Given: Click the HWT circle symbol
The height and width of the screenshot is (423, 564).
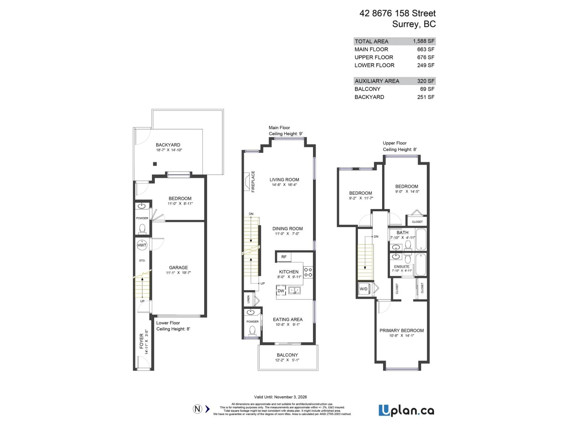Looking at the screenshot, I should coord(142,245).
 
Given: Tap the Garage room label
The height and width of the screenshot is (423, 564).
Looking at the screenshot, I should coord(178,267).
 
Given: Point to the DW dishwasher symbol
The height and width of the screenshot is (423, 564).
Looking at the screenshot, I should coord(281,291).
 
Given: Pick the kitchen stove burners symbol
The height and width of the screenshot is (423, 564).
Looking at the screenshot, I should coord(308,272).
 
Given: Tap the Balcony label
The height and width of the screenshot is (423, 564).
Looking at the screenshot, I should coord(287,355).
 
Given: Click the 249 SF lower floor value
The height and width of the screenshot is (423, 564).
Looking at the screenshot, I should coord(425,65).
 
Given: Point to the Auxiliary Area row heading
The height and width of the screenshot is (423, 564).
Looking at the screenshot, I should coord(377,81).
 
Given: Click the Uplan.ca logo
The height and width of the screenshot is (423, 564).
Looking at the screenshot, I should coord(406,411).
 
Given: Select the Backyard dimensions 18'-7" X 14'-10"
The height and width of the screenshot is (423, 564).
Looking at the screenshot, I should coord(169,150).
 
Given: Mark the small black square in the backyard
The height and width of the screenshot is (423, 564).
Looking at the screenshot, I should coord(155,164).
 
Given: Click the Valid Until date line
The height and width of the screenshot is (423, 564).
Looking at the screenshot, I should coord(280,397).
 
